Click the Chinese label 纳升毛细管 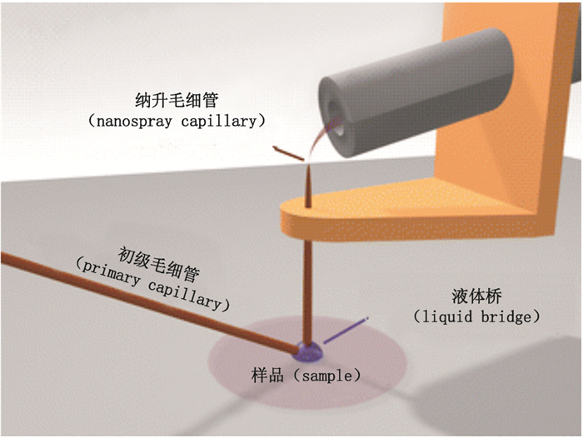coord(176,100)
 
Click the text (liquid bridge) coord(477,317)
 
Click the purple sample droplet coord(309,353)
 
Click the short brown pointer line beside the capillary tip coord(288,153)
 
